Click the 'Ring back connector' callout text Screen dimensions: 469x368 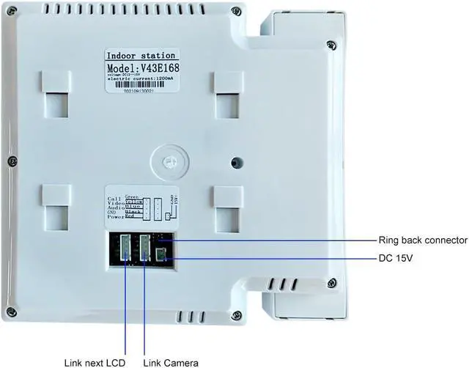pyautogui.click(x=422, y=240)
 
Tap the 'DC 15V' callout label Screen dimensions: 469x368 pyautogui.click(x=396, y=258)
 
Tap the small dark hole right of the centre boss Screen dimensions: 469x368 pyautogui.click(x=235, y=162)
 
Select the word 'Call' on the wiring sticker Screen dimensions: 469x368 pyautogui.click(x=115, y=199)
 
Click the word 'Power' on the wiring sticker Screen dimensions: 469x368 pyautogui.click(x=117, y=218)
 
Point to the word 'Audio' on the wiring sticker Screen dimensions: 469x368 pyautogui.click(x=116, y=208)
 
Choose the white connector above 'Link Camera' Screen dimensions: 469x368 pyautogui.click(x=144, y=246)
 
